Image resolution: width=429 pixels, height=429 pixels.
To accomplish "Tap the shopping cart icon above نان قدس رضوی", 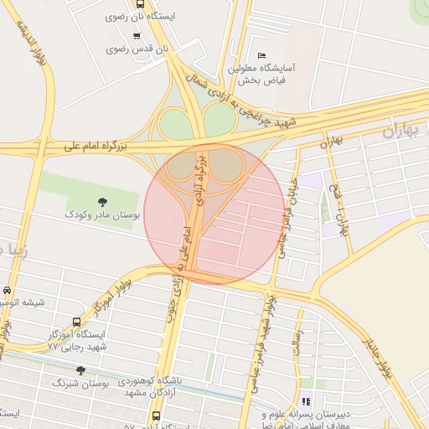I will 137,35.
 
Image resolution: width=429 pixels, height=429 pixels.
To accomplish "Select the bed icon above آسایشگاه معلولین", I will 261,54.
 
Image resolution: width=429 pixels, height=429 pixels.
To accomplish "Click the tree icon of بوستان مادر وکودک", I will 102,201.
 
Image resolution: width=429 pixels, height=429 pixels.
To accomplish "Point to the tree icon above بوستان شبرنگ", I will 80,370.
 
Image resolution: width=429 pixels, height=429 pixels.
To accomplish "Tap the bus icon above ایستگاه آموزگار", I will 78,321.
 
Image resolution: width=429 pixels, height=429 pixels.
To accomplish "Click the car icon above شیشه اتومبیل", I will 7,290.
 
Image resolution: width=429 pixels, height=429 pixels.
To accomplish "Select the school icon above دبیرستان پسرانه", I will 305,401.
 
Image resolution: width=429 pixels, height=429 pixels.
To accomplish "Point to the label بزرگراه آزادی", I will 200,180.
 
